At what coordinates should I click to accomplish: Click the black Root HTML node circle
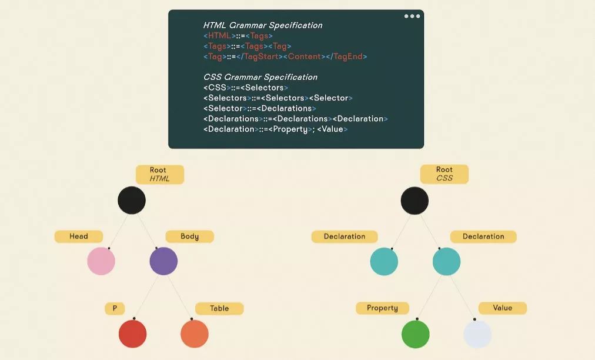coord(132,200)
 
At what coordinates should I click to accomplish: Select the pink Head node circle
coord(101,261)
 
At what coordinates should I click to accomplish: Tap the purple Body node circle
coord(163,261)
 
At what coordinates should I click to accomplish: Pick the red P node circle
coord(132,334)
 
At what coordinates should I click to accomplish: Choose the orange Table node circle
coord(195,334)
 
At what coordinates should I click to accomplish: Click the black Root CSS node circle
coord(415,200)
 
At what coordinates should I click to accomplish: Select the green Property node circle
coord(416,334)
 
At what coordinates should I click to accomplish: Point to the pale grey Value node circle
coord(477,334)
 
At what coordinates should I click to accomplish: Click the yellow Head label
coord(78,236)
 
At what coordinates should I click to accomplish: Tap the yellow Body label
coord(189,236)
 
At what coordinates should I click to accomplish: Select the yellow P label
coord(115,308)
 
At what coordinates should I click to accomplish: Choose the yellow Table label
coord(219,308)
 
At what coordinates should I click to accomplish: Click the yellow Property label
coord(382,308)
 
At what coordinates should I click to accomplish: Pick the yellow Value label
coord(503,308)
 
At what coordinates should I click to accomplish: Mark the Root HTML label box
coord(159,174)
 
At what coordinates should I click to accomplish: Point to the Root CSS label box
coord(444,174)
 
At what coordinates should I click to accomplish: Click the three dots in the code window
coord(412,16)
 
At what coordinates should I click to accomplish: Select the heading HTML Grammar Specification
coord(263,25)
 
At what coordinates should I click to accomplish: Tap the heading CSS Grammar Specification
coord(260,77)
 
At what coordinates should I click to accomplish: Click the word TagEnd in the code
coord(349,56)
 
